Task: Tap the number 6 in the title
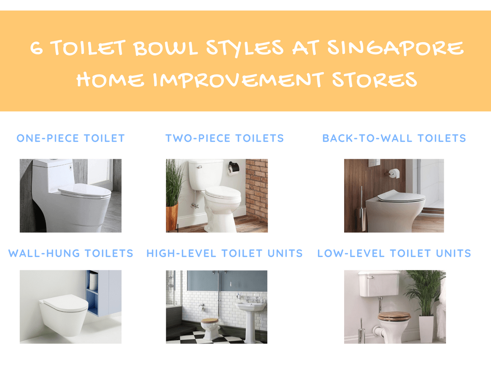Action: pos(37,49)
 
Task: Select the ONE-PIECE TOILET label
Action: pos(70,138)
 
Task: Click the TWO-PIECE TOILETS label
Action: pos(224,138)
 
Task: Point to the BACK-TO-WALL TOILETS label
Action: pos(394,138)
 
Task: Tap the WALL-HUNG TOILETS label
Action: pos(71,253)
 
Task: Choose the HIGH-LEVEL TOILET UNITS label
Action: pos(225,253)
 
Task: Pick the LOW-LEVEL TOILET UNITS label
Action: pos(394,253)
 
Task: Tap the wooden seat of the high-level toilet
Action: pos(209,321)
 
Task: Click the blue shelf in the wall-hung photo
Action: pos(93,293)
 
